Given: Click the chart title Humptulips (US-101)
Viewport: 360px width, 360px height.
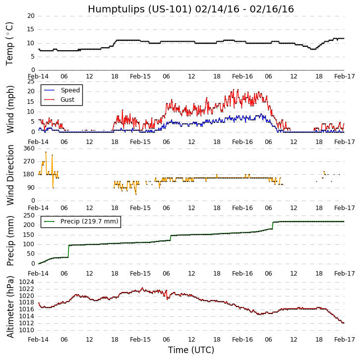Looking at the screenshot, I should pos(190,9).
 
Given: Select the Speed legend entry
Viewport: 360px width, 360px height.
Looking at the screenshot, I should pos(70,90).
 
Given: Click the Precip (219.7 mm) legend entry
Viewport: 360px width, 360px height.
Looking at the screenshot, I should pos(89,221).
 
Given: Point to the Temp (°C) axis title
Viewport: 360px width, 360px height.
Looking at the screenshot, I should pos(10,43).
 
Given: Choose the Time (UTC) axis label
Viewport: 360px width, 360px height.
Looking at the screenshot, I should pos(191,350).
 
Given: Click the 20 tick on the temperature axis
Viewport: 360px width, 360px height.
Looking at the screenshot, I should pos(31,16).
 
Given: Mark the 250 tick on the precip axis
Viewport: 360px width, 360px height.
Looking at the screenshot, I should pos(29,215).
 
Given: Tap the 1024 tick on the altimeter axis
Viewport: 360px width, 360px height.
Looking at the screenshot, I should pos(26,282).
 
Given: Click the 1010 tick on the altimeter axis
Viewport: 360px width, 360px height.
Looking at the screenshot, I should pos(26,330).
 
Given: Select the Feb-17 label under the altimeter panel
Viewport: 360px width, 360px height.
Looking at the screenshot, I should pos(344,340).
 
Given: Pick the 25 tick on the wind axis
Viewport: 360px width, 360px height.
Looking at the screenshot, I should pos(31,82).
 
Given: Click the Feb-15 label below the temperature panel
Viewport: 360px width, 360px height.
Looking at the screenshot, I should pos(140,77).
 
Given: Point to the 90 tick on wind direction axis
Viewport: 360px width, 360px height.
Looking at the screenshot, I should pos(31,188).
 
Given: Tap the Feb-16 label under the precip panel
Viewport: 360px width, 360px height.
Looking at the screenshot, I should pos(242,274).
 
